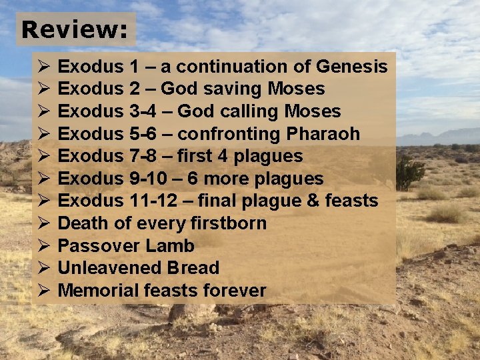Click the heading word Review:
pyautogui.click(x=75, y=29)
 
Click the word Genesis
pyautogui.click(x=352, y=67)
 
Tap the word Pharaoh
pyautogui.click(x=323, y=134)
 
